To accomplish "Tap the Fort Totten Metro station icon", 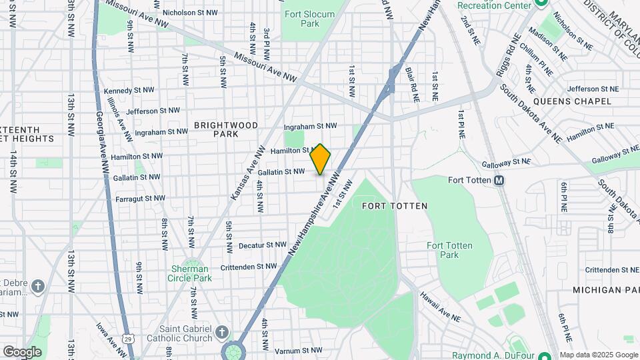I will (498, 180).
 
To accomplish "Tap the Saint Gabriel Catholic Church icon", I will (222, 331).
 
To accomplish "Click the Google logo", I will (22, 351).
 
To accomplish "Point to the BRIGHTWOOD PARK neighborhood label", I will (217, 129).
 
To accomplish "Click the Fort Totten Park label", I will (450, 250).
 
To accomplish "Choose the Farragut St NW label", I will (140, 198).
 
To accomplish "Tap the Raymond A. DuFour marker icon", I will (543, 355).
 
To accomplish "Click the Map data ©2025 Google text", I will (599, 355).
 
